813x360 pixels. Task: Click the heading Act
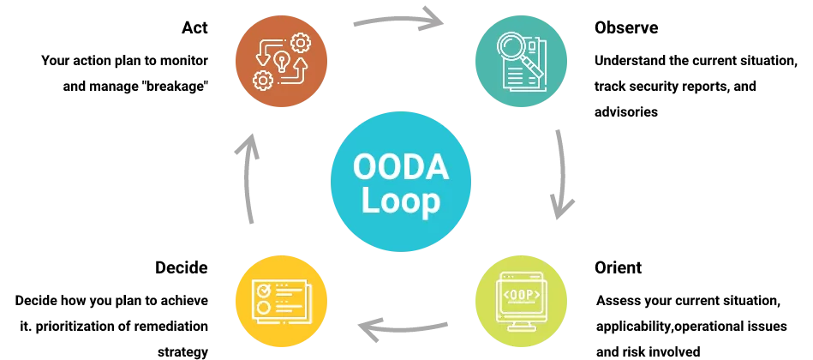(x=194, y=27)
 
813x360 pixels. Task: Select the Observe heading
(x=626, y=27)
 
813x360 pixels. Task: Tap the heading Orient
(x=618, y=267)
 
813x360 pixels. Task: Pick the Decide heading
(x=182, y=267)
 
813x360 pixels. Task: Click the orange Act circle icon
(x=282, y=62)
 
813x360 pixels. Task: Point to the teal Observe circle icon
(x=522, y=62)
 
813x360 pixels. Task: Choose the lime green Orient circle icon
(x=522, y=302)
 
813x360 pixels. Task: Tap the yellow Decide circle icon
(x=282, y=302)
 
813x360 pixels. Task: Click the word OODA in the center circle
(x=401, y=166)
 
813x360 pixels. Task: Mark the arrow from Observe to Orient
(x=563, y=174)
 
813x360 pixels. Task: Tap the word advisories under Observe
(x=626, y=111)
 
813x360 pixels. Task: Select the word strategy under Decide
(x=183, y=352)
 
